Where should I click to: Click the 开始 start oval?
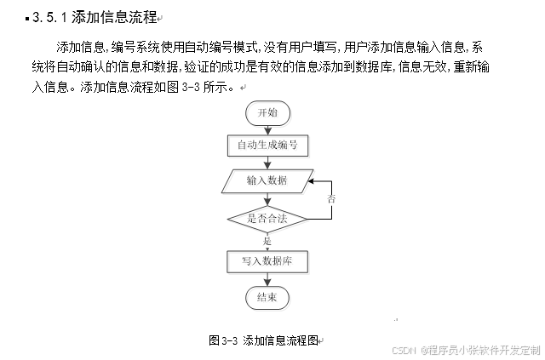coord(267,113)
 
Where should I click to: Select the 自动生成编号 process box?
coord(267,145)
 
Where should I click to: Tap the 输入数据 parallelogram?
coord(267,180)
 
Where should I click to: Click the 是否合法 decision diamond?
coord(267,218)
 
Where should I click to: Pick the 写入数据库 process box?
coord(267,260)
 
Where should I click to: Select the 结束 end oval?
coord(267,296)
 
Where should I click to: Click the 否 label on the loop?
coord(331,198)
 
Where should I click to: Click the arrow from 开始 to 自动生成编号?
coord(267,129)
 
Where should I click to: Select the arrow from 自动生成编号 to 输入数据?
coord(267,163)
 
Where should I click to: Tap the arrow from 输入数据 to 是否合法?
coord(267,197)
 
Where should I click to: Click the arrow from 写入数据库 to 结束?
coord(267,278)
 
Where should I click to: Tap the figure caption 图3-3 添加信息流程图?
coord(264,340)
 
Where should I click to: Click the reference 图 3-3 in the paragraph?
coord(182,87)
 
